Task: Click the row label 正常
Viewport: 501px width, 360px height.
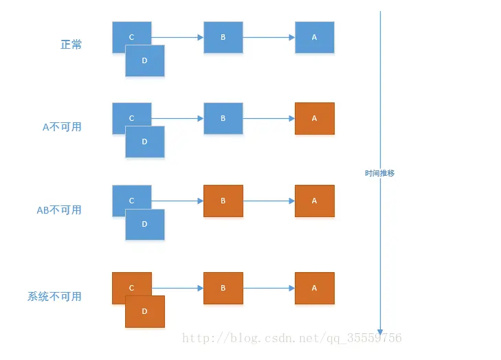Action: [x=71, y=45]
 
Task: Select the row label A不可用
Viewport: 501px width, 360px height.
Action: [x=62, y=126]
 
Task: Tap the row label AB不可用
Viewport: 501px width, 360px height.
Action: [x=59, y=210]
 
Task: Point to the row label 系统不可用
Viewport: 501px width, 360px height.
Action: [x=54, y=297]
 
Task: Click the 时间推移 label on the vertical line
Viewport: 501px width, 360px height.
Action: [x=379, y=173]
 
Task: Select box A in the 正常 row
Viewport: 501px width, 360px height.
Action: [x=315, y=37]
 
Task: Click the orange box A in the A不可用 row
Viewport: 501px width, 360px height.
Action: [x=315, y=118]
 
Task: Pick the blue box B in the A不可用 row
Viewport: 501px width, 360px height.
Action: [x=223, y=118]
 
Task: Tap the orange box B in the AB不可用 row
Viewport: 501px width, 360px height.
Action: [x=223, y=201]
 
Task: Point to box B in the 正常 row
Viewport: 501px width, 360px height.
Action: [x=223, y=37]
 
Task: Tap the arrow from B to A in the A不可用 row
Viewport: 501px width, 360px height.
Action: [x=269, y=118]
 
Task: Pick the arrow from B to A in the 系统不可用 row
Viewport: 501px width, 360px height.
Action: [x=269, y=288]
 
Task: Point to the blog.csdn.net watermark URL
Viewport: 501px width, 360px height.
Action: [x=289, y=338]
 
